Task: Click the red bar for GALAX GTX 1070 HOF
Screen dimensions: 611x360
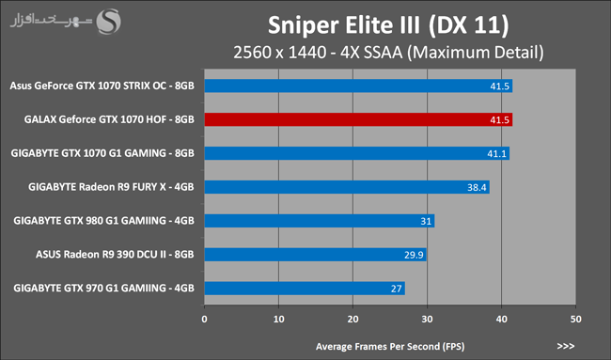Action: click(358, 119)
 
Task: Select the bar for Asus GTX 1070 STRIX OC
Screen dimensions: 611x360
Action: click(358, 86)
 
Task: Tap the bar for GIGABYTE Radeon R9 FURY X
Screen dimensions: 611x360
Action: click(347, 187)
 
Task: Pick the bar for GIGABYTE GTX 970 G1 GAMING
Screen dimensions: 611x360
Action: click(305, 289)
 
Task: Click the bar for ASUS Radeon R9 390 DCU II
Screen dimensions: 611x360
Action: click(315, 255)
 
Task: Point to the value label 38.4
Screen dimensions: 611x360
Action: click(477, 187)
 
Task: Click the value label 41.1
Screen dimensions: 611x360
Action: click(497, 154)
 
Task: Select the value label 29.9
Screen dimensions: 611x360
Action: click(414, 255)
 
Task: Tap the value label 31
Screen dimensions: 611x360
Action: click(426, 221)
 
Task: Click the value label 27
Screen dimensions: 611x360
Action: click(397, 289)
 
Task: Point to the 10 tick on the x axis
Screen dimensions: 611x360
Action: click(278, 319)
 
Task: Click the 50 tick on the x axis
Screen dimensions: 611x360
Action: click(575, 319)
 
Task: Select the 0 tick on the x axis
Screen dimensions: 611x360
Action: click(205, 319)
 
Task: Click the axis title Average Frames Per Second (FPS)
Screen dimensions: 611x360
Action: click(390, 346)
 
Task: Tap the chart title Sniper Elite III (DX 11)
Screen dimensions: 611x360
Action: click(388, 25)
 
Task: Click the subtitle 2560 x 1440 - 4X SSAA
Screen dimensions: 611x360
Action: click(318, 53)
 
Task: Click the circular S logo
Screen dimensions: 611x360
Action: click(109, 22)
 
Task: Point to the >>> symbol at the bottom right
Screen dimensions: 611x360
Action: click(566, 346)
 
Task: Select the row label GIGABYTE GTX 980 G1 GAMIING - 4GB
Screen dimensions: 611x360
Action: click(103, 221)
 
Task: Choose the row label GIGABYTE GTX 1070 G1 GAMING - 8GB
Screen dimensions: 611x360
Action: click(102, 153)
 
